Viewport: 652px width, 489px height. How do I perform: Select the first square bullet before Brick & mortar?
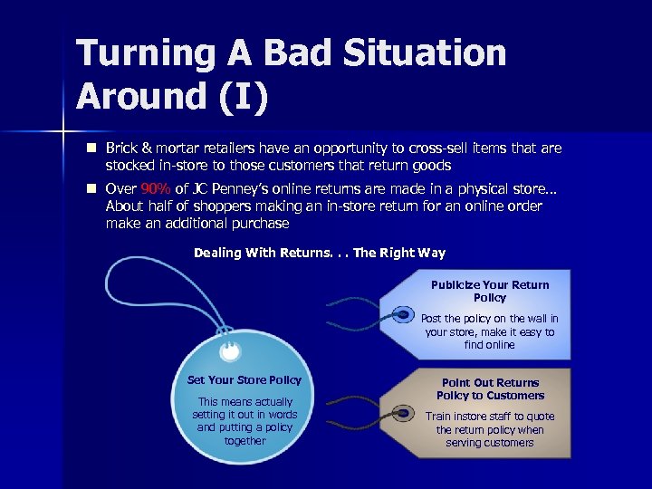[x=91, y=147]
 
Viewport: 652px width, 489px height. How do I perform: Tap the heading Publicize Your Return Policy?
[x=490, y=291]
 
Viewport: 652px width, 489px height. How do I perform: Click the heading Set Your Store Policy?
[x=244, y=380]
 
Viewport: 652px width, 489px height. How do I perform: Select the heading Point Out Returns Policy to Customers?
[x=490, y=388]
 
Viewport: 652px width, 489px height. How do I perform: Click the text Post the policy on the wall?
[x=490, y=319]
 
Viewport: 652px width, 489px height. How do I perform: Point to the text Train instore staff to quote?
[x=490, y=417]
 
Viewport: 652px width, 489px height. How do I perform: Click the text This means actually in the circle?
[x=244, y=402]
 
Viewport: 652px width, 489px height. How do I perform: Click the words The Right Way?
[x=399, y=254]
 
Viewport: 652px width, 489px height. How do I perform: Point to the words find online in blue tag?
[x=490, y=345]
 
